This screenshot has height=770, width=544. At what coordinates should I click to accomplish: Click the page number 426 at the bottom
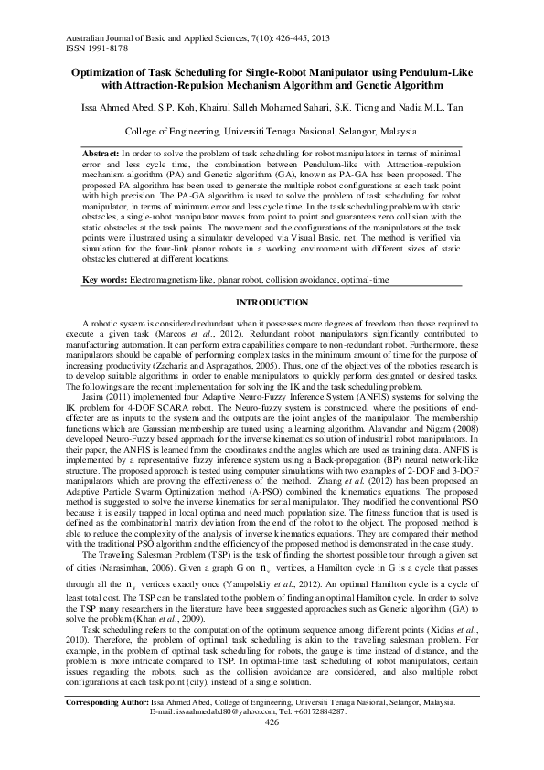(272, 749)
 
